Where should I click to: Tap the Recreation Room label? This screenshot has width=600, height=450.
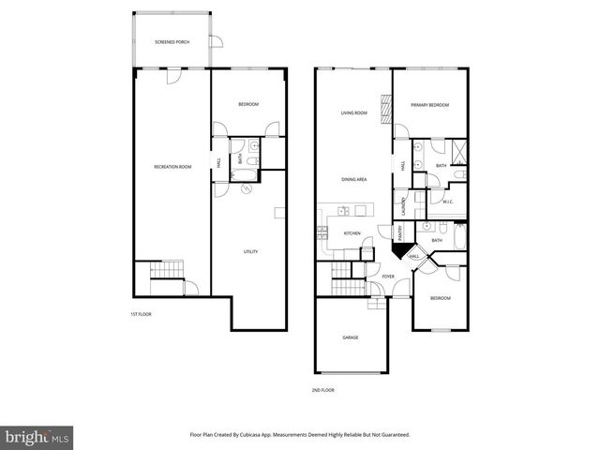[172, 167]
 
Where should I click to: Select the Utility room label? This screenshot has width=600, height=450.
[250, 251]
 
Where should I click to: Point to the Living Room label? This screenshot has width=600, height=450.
[353, 113]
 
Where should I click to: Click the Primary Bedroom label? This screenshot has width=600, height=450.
[430, 105]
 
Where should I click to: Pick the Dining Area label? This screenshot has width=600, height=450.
[353, 178]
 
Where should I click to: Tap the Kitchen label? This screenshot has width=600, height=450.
[352, 233]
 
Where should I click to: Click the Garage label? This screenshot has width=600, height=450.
[350, 337]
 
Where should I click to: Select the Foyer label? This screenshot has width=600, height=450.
[388, 277]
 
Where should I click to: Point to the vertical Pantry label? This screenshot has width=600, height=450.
[399, 233]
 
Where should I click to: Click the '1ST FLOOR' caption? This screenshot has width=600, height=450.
[140, 314]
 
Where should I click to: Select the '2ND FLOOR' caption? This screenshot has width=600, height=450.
[322, 389]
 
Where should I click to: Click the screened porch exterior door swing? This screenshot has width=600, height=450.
[217, 42]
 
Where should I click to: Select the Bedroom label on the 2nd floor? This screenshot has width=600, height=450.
[440, 298]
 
